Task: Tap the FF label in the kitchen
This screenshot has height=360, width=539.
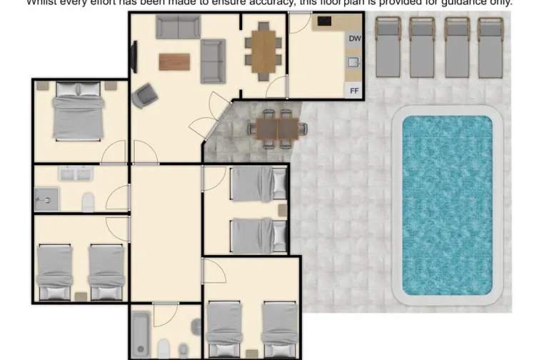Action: click(x=354, y=91)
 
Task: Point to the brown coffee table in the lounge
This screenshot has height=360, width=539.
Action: click(x=174, y=62)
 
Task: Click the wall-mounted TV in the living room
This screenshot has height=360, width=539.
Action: click(x=134, y=56)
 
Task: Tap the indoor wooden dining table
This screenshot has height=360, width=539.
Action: click(x=263, y=51)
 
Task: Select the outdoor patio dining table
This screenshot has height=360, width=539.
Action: click(x=278, y=129)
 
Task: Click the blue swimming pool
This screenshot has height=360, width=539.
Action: click(x=448, y=206)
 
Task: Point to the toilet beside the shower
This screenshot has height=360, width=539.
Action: click(x=87, y=201)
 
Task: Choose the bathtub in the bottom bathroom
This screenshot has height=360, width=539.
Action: click(x=141, y=334)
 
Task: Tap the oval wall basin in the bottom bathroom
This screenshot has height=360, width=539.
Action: click(x=196, y=327)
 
